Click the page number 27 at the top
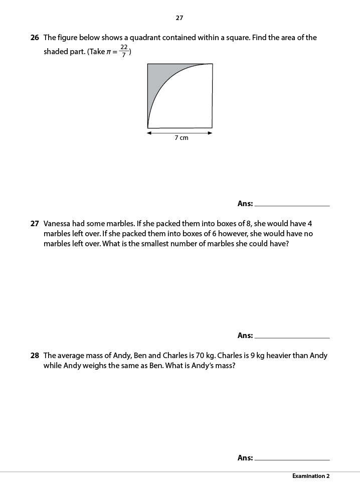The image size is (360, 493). (x=179, y=18)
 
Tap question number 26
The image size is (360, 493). (x=35, y=38)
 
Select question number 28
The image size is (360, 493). (x=35, y=356)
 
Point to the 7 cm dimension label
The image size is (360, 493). (x=182, y=138)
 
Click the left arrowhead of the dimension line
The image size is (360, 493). (x=149, y=133)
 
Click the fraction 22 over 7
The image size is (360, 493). (x=124, y=51)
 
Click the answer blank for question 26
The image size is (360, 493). (x=292, y=205)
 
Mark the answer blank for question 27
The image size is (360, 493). (x=292, y=337)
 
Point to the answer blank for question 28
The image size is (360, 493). (x=292, y=459)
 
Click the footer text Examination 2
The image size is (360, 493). (x=311, y=476)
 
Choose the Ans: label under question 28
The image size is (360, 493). (x=245, y=458)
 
